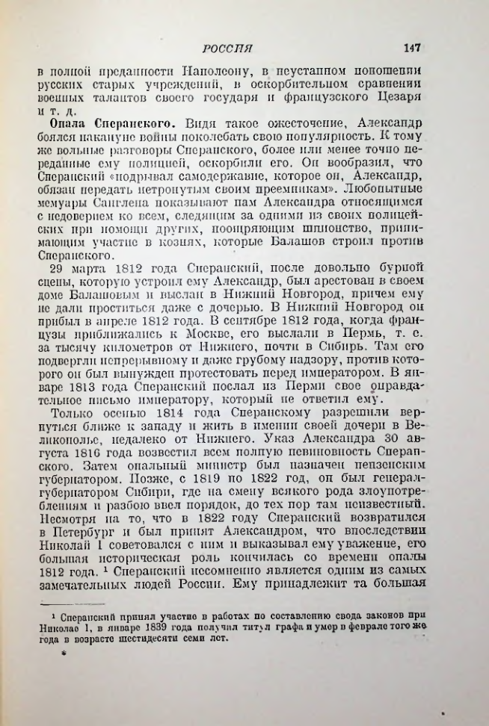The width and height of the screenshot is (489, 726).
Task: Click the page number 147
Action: click(413, 48)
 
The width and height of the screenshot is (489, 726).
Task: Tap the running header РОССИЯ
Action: click(230, 49)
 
